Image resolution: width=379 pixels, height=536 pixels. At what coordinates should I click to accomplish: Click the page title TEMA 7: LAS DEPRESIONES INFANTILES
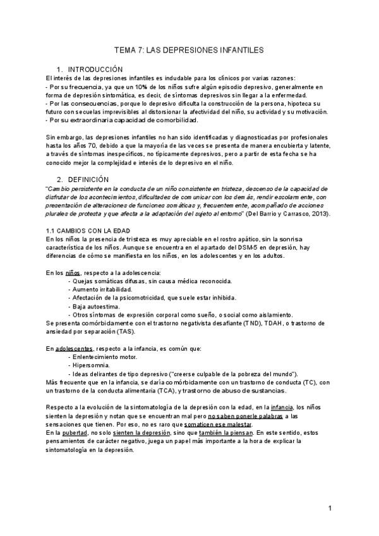pos(189,48)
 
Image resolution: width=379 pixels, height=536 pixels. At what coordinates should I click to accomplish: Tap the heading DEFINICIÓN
pos(88,180)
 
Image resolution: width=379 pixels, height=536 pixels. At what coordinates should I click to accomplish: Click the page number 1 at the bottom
pos(330,508)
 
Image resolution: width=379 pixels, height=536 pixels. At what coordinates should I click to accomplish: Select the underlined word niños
pos(73,272)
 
